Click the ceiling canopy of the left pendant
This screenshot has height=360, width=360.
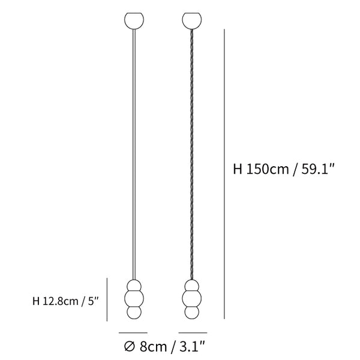click(x=134, y=20)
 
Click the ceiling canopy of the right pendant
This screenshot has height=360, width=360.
click(x=192, y=20)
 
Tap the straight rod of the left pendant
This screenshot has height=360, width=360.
click(x=134, y=154)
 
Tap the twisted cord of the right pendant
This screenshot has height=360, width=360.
click(x=192, y=154)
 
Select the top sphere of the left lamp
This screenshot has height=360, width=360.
click(x=134, y=286)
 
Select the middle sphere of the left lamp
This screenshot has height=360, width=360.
click(x=134, y=298)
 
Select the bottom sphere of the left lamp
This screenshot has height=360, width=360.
click(x=134, y=312)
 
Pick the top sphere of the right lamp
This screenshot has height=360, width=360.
click(x=192, y=286)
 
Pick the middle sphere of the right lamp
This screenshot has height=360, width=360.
click(x=192, y=298)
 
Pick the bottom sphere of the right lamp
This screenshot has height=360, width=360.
click(x=192, y=312)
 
